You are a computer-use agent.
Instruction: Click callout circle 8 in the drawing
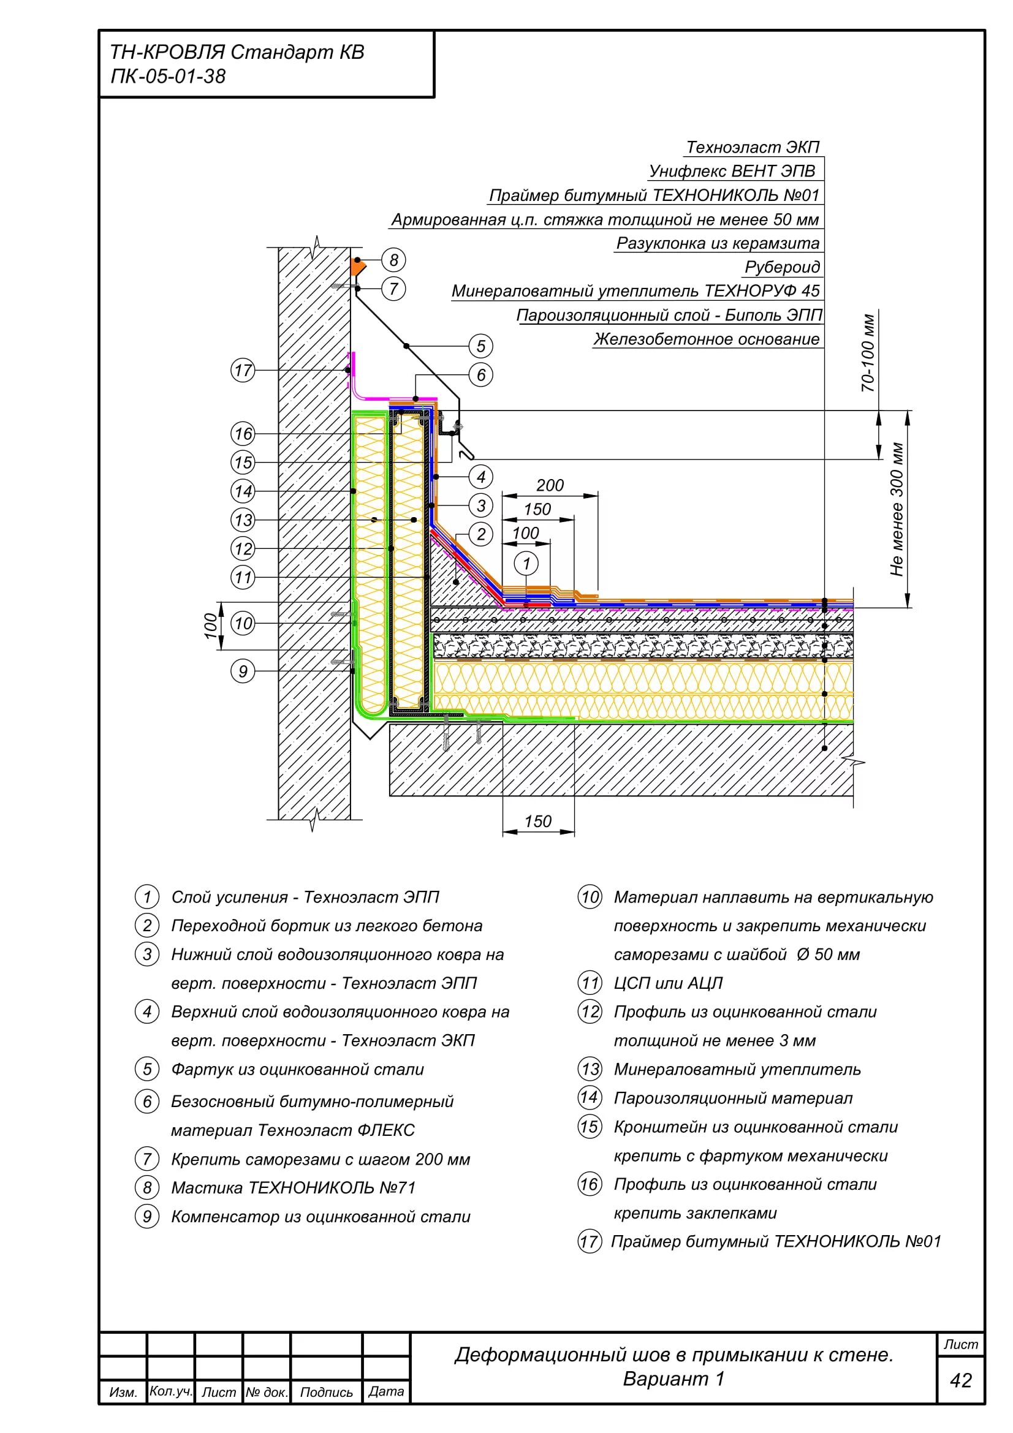393,260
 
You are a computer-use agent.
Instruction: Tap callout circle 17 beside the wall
243,370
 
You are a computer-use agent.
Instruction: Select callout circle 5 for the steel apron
480,346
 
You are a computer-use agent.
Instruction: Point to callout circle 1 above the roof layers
526,564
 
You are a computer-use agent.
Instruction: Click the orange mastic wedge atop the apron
358,267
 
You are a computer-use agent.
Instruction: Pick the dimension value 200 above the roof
549,485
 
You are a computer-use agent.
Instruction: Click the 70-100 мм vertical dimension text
868,353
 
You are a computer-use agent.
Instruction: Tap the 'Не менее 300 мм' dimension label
897,509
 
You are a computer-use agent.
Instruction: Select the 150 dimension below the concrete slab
537,822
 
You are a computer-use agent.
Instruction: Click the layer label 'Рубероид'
782,267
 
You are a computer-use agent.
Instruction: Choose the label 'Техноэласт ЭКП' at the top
753,147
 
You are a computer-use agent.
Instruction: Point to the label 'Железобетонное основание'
707,339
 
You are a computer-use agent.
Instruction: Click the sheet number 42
960,1380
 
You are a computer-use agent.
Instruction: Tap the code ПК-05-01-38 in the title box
168,76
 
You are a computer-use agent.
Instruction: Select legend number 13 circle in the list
590,1069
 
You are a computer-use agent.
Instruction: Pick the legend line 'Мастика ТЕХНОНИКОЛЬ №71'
294,1187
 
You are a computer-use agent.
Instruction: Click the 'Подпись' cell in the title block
327,1392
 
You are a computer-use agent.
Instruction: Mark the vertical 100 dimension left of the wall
211,626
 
